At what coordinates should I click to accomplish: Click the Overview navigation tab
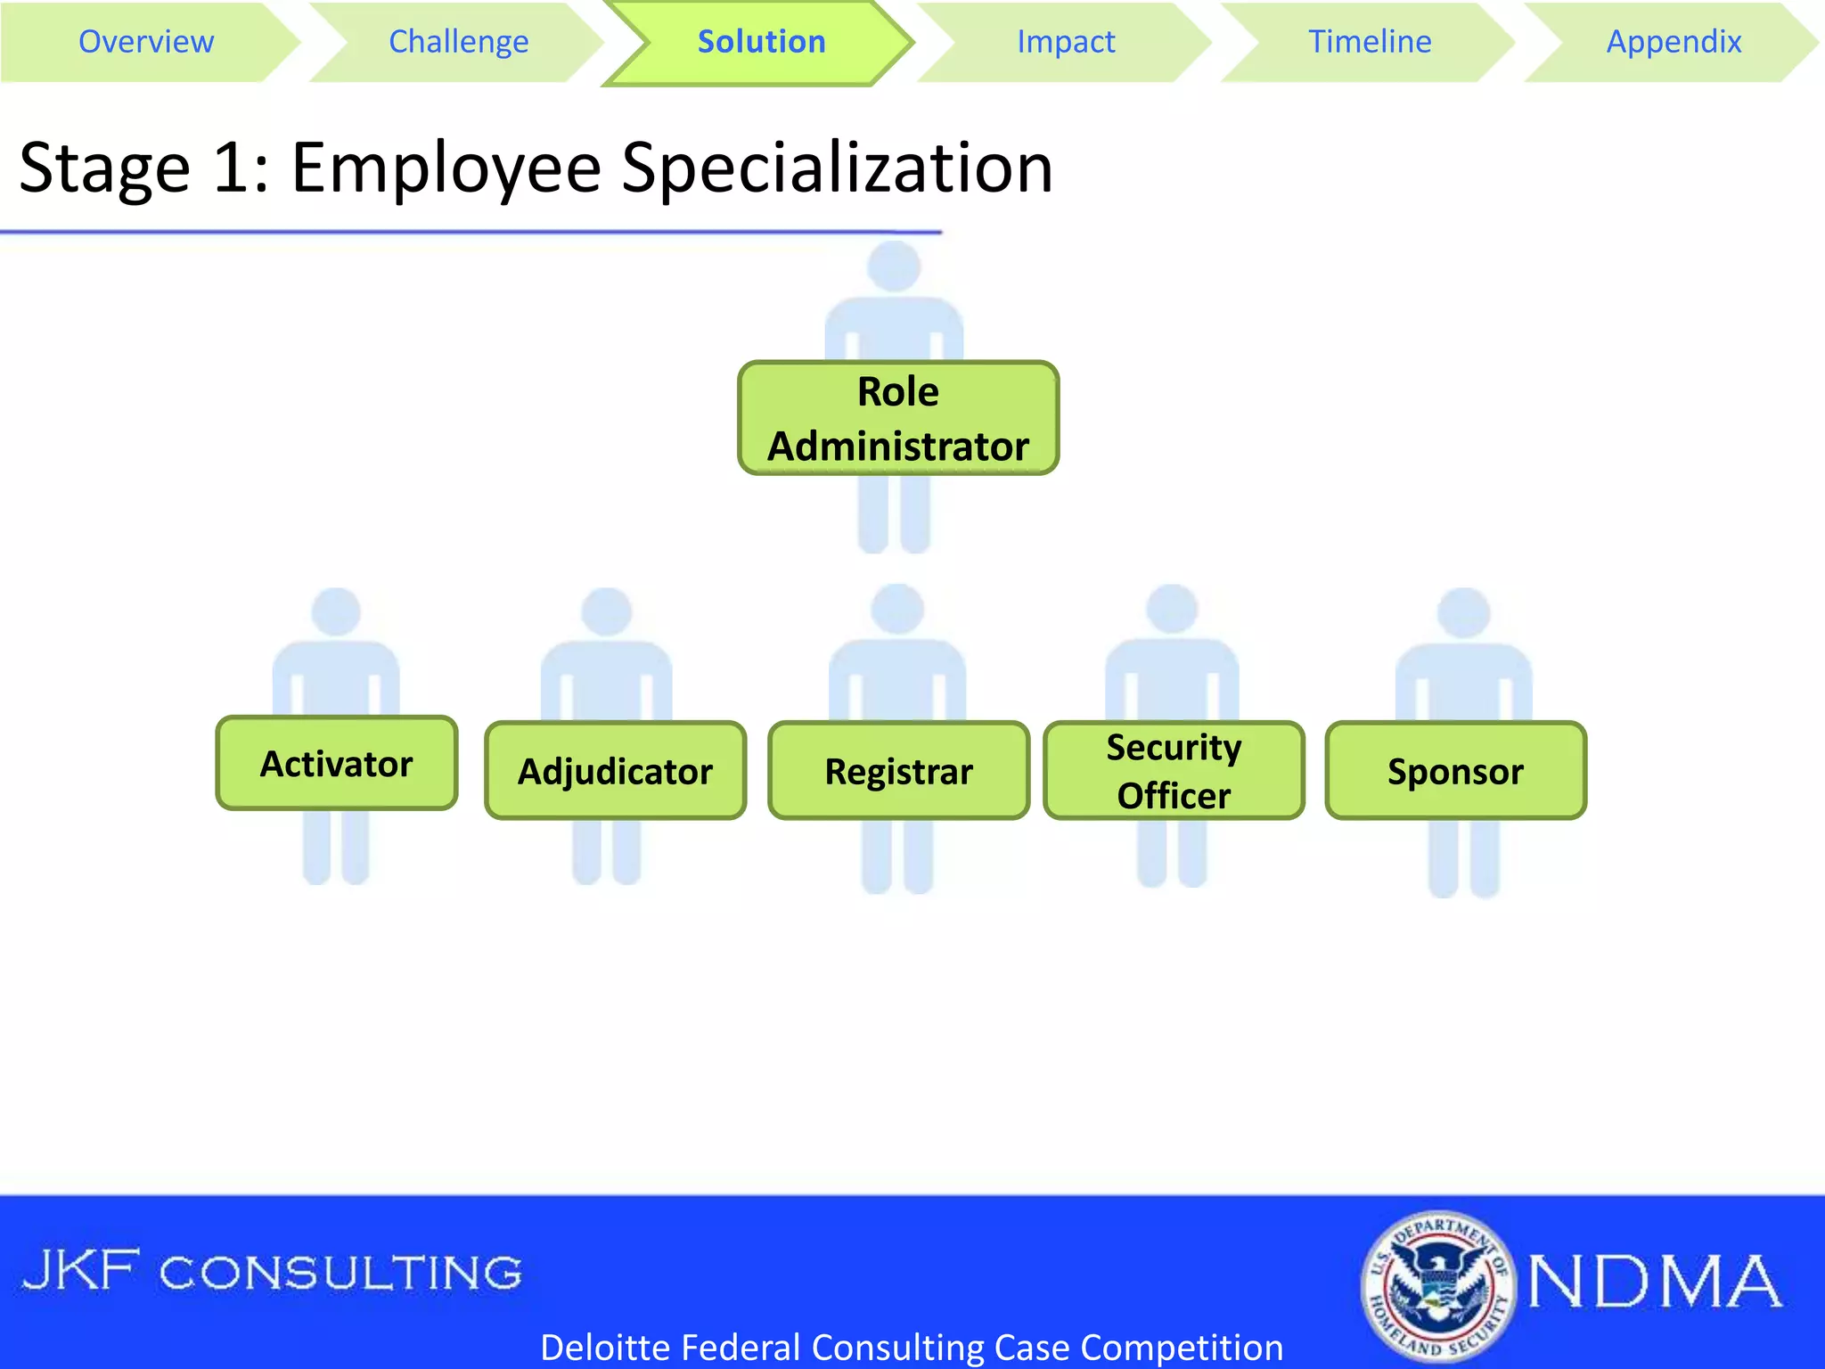[146, 42]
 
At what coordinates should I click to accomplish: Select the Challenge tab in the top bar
[458, 42]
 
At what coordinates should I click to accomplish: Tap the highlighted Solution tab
[761, 42]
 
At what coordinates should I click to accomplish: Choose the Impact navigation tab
[1066, 42]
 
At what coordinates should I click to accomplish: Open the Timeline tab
[1370, 42]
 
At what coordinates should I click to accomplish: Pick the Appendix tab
[1674, 42]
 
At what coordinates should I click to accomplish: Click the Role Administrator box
[898, 418]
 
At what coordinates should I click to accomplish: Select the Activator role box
[337, 764]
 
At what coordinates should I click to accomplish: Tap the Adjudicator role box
[615, 771]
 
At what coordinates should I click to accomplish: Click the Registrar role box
[898, 771]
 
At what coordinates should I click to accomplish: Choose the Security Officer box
[1174, 771]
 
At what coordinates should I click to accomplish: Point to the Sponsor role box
[1455, 771]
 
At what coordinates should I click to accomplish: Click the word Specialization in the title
[837, 168]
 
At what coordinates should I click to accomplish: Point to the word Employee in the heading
[446, 168]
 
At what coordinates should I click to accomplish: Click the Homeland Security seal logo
[1436, 1285]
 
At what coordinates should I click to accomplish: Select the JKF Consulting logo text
[272, 1272]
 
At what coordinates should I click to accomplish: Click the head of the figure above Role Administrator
[894, 266]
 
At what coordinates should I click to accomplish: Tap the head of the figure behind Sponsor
[1463, 613]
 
